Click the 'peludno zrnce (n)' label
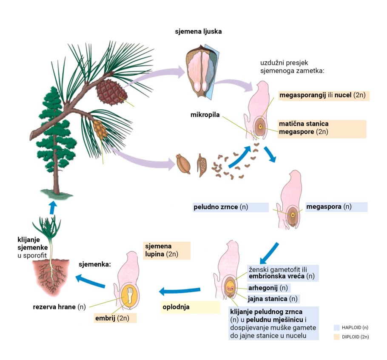221,207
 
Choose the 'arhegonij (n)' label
267,288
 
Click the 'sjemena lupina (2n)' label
161,250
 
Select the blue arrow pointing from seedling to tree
52,207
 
